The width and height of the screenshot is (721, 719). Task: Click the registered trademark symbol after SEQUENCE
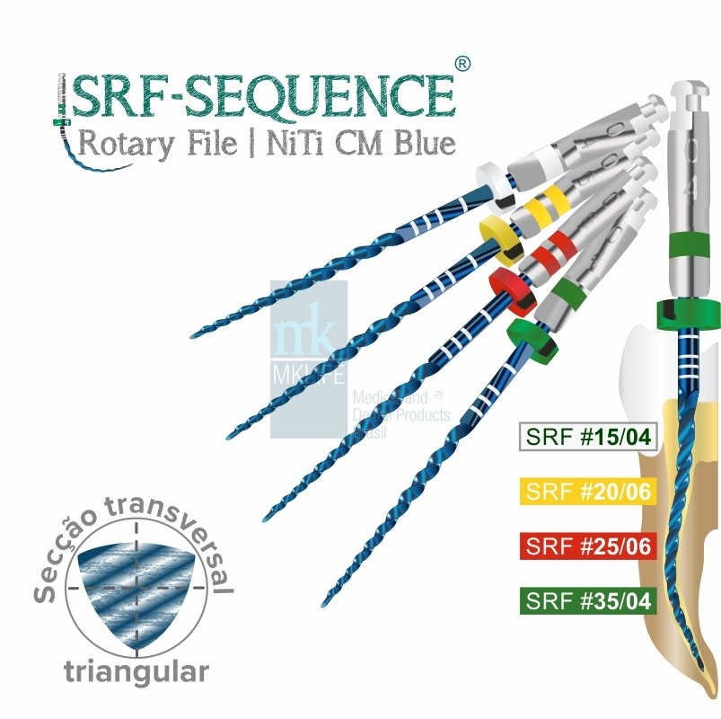[x=461, y=64]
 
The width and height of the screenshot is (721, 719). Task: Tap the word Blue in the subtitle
[x=422, y=144]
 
